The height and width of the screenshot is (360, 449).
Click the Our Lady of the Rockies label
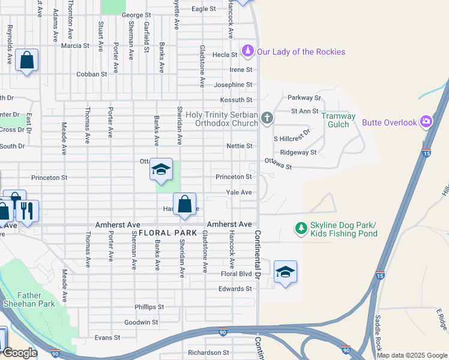pos(301,52)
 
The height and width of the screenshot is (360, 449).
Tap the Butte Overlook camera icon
pos(426,122)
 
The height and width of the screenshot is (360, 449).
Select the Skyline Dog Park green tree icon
pos(300,228)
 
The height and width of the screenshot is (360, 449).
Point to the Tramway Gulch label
pos(339,120)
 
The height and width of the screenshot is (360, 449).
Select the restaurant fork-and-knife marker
pos(27,211)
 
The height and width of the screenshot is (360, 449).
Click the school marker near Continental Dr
pos(285,272)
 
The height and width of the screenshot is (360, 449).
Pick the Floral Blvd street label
pos(237,274)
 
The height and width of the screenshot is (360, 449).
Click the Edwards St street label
pos(235,289)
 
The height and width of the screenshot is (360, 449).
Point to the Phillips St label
pos(149,307)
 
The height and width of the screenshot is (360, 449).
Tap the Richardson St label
pos(209,353)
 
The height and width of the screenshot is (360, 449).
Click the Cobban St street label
pos(91,74)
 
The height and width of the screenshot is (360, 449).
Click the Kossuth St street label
pos(236,100)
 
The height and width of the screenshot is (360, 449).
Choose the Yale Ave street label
pos(239,193)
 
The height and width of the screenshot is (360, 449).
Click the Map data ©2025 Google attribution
pos(412,355)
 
